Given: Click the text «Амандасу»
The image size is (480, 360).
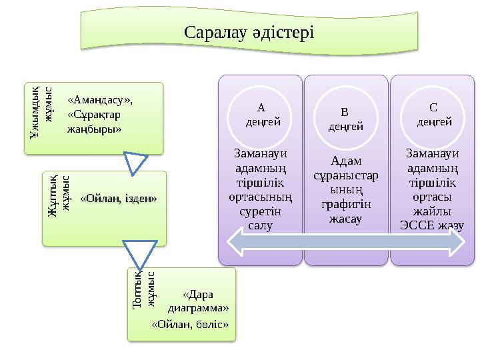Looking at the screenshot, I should (x=100, y=100).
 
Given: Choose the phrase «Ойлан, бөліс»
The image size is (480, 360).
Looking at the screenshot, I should (x=191, y=325).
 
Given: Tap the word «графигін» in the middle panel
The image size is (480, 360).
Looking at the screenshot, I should (x=345, y=204).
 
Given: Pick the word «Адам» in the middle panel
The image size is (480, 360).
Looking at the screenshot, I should (x=345, y=161).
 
